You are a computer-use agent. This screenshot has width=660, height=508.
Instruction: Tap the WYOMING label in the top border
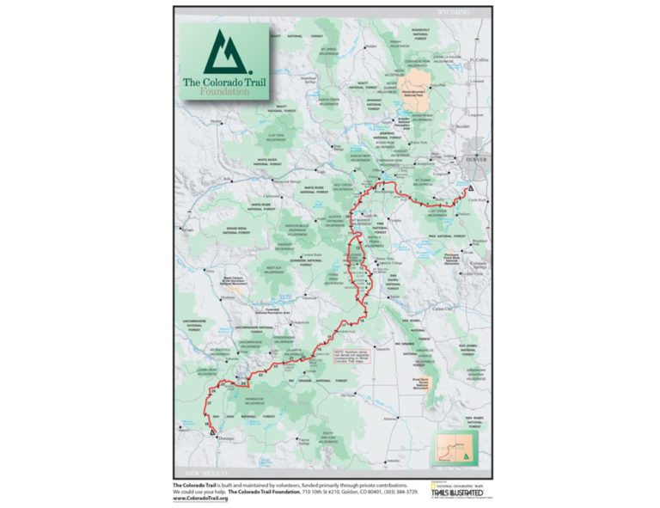point(454,13)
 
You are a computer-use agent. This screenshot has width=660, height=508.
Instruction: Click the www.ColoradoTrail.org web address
point(200,499)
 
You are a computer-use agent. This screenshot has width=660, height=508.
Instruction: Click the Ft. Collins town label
point(474,60)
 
